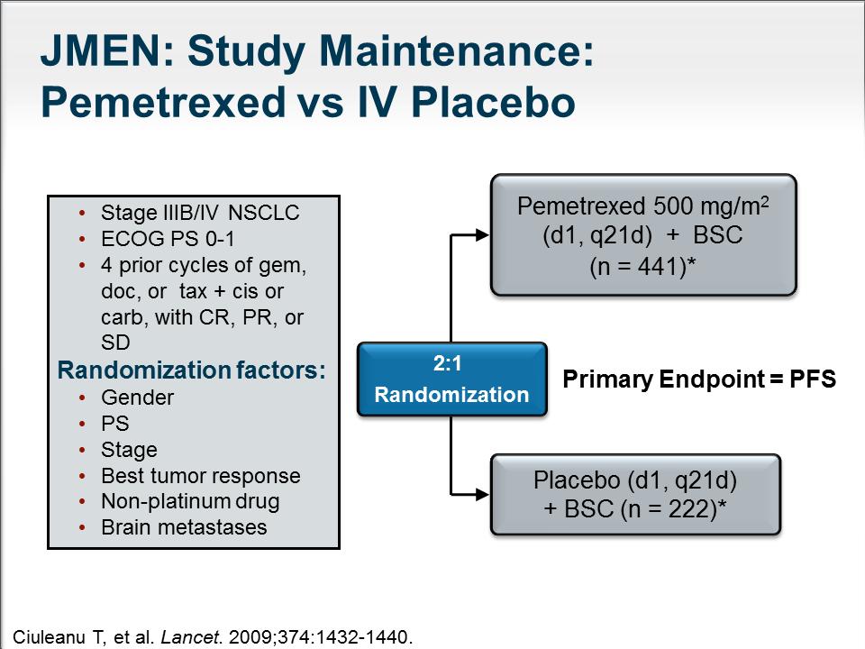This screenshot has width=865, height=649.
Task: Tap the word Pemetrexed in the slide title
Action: tap(163, 102)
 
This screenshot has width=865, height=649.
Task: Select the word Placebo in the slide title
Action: tap(493, 102)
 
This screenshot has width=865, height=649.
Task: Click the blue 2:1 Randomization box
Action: tap(451, 379)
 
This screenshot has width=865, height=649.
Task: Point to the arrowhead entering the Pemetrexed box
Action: tap(482, 235)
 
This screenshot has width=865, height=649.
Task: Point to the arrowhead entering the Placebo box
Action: tap(482, 495)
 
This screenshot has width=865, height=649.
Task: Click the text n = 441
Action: tap(638, 267)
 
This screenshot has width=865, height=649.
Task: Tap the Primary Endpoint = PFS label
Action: tap(699, 379)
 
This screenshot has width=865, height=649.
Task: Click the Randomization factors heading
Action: tap(191, 370)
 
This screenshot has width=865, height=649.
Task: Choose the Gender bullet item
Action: tap(137, 398)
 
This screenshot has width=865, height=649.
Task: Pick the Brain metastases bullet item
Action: tap(184, 527)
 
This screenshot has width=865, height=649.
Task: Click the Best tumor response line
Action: tap(201, 476)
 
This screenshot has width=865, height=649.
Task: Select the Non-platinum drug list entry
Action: tap(190, 502)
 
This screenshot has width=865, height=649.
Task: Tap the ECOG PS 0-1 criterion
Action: tap(168, 238)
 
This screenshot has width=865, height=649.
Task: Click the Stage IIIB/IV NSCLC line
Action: tap(200, 213)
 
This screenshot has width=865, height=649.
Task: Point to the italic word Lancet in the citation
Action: tap(190, 637)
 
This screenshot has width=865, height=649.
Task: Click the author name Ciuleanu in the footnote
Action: tap(49, 637)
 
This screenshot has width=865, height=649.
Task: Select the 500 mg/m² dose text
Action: tap(711, 206)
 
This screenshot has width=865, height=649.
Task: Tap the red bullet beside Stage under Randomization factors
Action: tap(82, 451)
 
